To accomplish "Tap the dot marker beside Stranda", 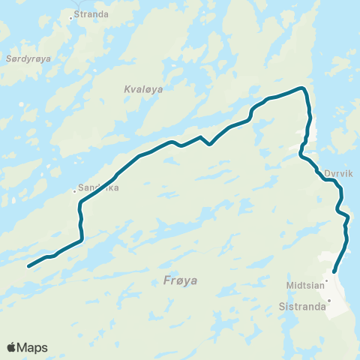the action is (71, 16).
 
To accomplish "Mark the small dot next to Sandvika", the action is (74, 191).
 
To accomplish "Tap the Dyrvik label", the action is (338, 172).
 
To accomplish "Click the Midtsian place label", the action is (304, 286).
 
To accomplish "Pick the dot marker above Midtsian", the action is (326, 280).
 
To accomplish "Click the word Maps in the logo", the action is (32, 347).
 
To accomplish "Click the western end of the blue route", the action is (28, 266).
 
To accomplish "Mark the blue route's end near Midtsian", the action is (334, 272).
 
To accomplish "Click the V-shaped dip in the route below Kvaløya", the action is (210, 144).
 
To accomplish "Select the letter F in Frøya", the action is (166, 281).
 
